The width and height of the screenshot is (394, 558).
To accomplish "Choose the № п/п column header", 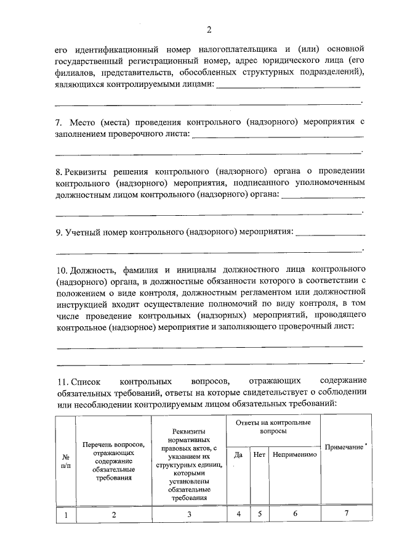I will coord(66,461).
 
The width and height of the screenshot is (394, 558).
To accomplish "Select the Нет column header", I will coord(259,454).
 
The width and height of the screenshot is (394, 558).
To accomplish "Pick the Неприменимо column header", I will coord(294,454).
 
